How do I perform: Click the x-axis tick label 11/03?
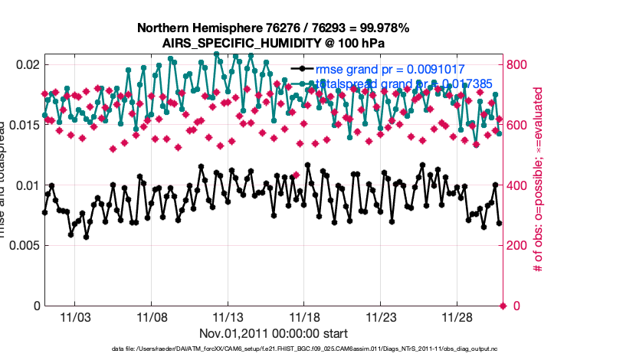click(x=74, y=316)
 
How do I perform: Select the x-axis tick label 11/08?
click(x=151, y=316)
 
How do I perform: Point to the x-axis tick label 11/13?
click(x=228, y=316)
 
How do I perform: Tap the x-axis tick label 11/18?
click(x=304, y=316)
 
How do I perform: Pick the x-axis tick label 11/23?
click(x=381, y=316)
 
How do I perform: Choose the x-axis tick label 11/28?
click(x=457, y=316)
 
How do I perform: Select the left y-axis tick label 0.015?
click(x=23, y=125)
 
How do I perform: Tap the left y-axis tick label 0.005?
click(x=23, y=246)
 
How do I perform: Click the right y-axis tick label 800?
click(x=519, y=64)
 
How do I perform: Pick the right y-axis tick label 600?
click(x=519, y=125)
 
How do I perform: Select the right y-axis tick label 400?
click(x=519, y=185)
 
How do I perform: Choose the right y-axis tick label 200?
click(x=519, y=246)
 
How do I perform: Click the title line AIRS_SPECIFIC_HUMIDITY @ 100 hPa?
click(x=273, y=43)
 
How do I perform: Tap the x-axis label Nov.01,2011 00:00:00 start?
click(x=274, y=333)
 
